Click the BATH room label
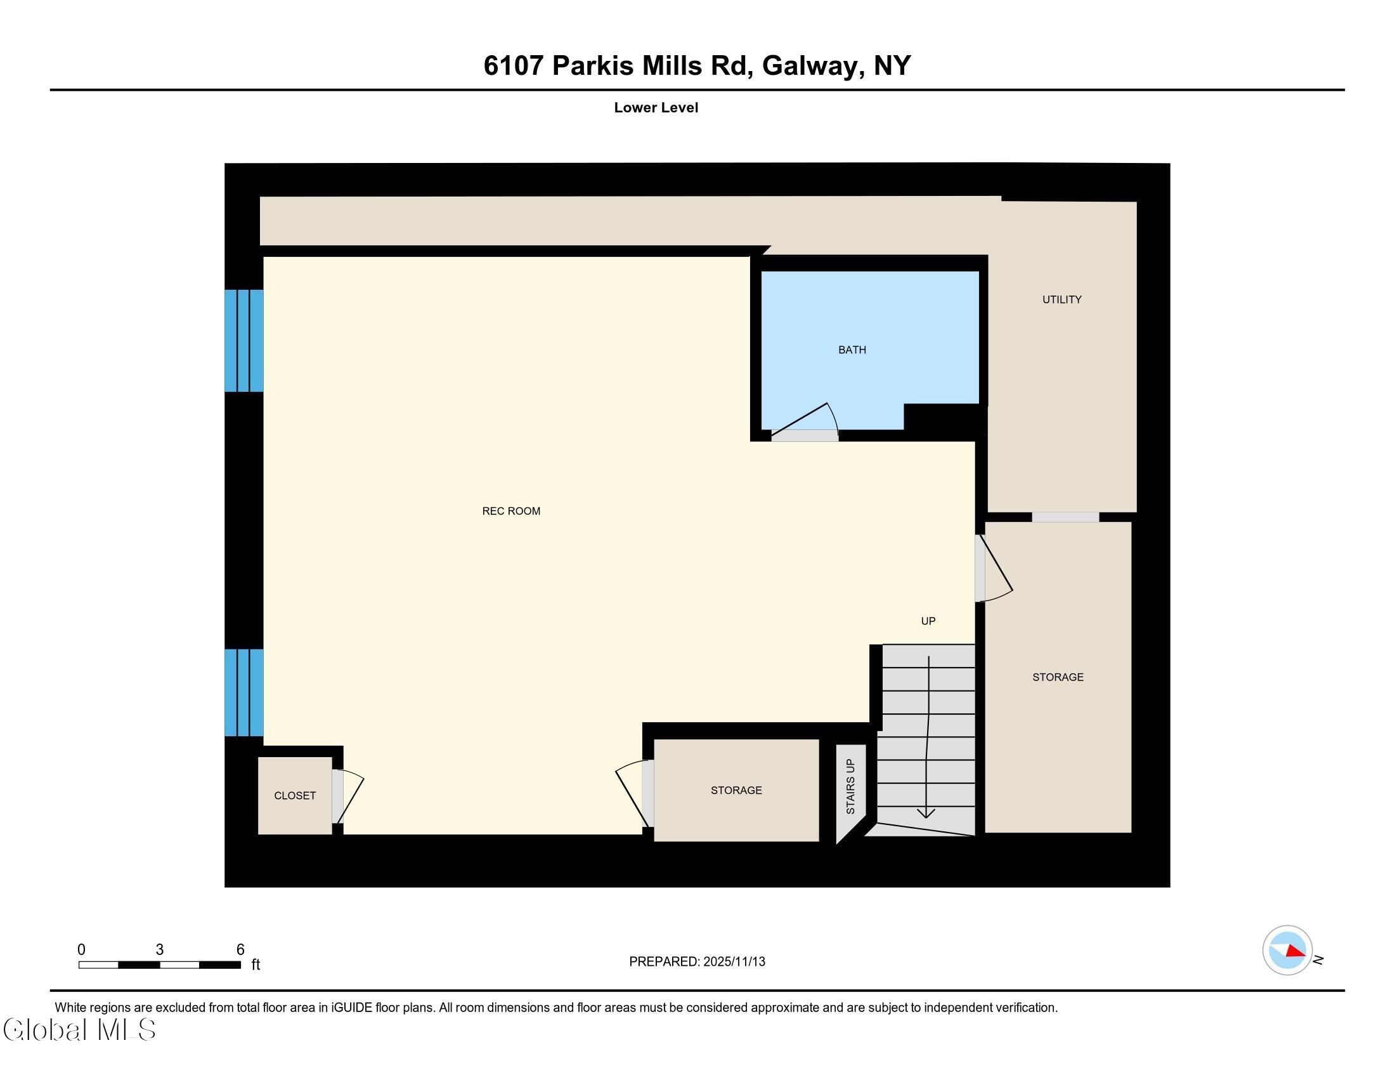tap(852, 350)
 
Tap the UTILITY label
tap(1061, 299)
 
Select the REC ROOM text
tap(511, 511)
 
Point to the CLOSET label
tap(294, 796)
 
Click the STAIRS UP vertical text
tap(850, 786)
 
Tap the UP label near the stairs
tap(928, 621)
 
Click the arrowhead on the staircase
tap(926, 813)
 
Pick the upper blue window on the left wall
tap(244, 341)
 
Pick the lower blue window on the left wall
tap(244, 692)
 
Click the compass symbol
tap(1288, 951)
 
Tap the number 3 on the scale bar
tap(160, 950)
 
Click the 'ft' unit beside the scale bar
tap(256, 964)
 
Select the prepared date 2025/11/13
tap(734, 962)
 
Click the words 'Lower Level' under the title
tap(656, 108)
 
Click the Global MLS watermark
tap(80, 1029)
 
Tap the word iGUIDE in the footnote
tap(351, 1008)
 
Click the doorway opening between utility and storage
tap(1065, 517)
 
